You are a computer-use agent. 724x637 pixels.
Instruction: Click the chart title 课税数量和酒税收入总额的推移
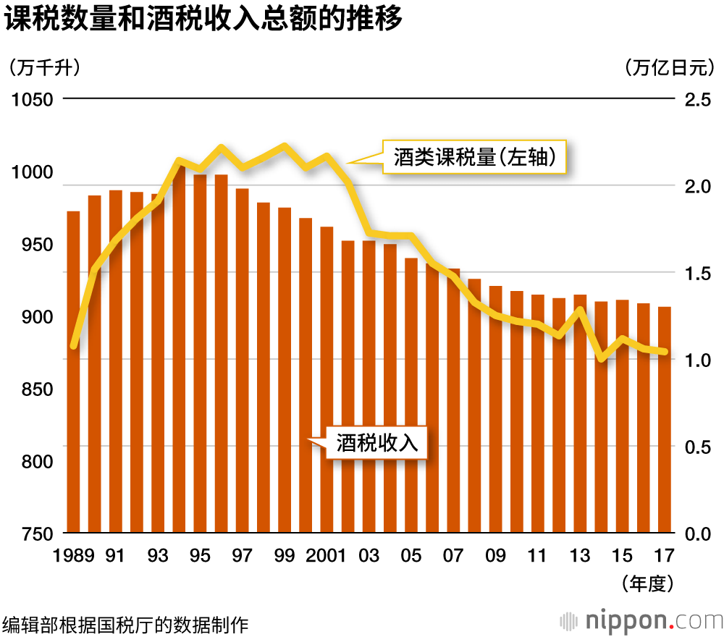click(203, 20)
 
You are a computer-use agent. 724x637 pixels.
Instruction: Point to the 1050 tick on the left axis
click(33, 99)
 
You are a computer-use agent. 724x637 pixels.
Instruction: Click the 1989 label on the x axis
click(74, 556)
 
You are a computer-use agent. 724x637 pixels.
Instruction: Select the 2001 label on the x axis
click(327, 556)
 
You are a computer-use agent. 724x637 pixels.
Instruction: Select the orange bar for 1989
click(73, 372)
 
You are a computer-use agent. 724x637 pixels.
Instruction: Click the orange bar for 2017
click(665, 420)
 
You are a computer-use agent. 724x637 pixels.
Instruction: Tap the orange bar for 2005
click(411, 395)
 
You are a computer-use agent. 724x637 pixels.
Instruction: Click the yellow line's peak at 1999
click(285, 146)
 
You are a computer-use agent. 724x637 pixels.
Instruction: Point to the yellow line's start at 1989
click(73, 346)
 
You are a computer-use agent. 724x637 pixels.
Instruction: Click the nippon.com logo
click(641, 621)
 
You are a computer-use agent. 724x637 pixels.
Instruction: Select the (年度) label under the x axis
click(648, 583)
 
